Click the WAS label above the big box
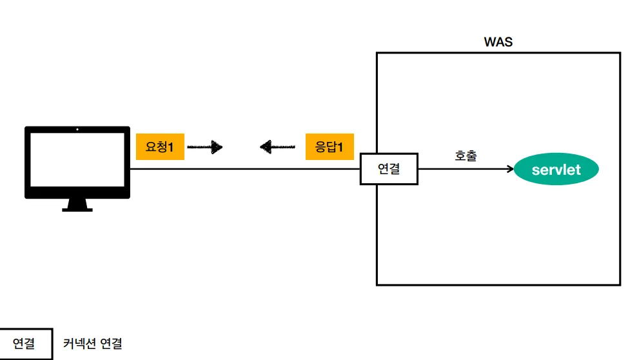(x=498, y=43)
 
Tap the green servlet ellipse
(x=556, y=170)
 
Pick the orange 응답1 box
(x=329, y=147)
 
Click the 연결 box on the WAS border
(x=389, y=169)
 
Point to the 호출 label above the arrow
(x=466, y=155)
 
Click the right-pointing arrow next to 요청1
(x=205, y=148)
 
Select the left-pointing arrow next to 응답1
(x=278, y=148)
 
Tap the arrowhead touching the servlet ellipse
(x=510, y=170)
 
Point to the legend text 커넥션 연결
(x=92, y=343)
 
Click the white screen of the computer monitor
(x=77, y=162)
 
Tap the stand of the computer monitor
(x=77, y=205)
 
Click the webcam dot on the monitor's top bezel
(x=77, y=129)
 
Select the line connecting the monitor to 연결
(x=245, y=169)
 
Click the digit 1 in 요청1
(x=171, y=147)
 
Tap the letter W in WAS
(x=490, y=43)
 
